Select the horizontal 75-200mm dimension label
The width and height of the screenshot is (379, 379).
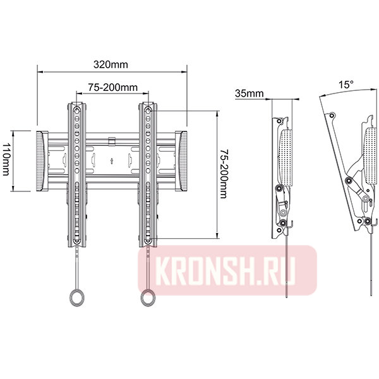coord(113,87)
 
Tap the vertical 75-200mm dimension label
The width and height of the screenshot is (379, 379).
coord(223,174)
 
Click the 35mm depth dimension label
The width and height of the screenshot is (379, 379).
coord(248,93)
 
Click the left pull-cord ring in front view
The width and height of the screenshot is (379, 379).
coord(75,296)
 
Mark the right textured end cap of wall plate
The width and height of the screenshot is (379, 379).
coord(181,161)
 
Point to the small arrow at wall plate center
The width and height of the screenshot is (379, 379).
coord(111,160)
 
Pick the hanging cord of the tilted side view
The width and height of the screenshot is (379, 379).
coord(371,265)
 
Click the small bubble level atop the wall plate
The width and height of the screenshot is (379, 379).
coord(111,138)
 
